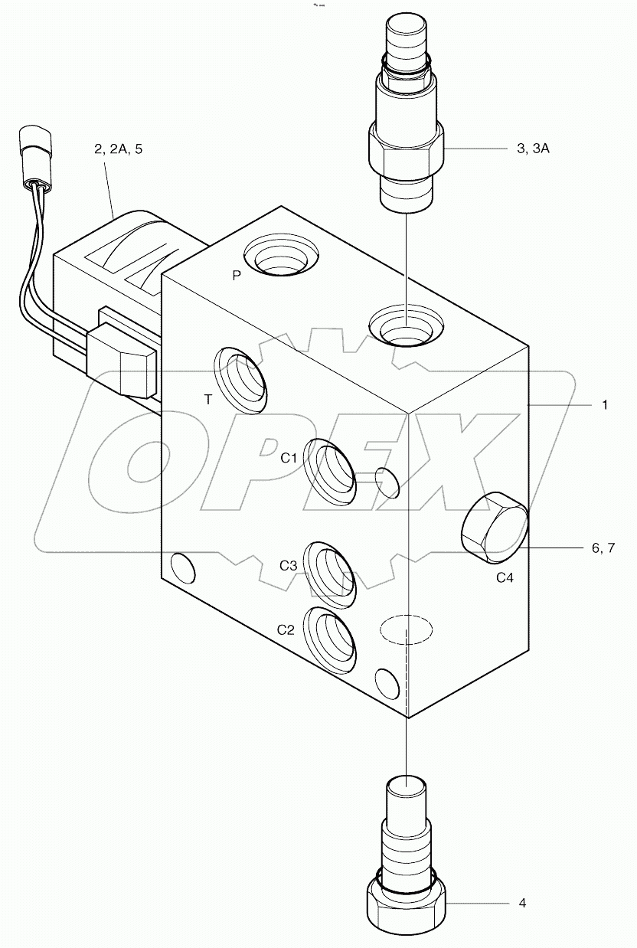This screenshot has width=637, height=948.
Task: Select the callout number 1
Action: click(604, 405)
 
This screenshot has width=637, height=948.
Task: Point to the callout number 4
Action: click(522, 904)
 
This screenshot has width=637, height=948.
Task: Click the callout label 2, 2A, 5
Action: click(118, 149)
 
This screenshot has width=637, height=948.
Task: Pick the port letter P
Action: click(237, 276)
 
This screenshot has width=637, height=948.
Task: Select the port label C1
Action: click(288, 458)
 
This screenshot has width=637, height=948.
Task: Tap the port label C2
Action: click(286, 629)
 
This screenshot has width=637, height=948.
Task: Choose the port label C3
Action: click(288, 566)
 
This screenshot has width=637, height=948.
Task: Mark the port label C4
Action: click(505, 578)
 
